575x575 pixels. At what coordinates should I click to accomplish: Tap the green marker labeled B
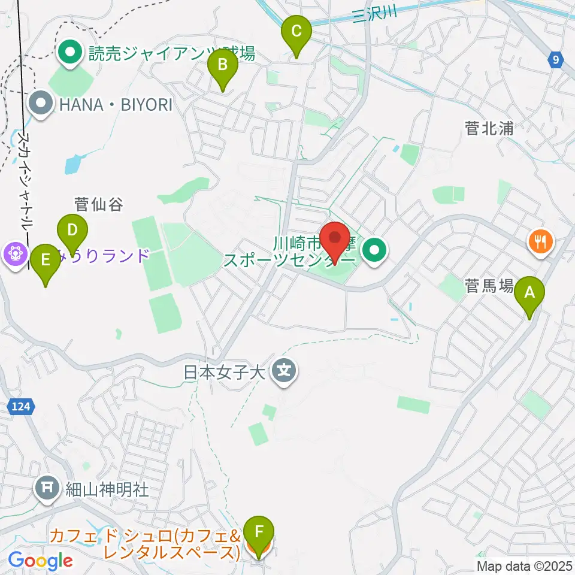[222, 65]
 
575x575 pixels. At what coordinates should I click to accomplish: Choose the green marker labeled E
[46, 261]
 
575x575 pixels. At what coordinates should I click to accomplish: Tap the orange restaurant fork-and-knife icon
[540, 242]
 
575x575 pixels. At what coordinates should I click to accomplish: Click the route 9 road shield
[556, 59]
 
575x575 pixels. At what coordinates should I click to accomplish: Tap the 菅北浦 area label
[491, 128]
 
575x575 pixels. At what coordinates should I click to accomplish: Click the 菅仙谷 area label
[99, 205]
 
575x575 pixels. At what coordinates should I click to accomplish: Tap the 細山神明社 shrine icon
[47, 488]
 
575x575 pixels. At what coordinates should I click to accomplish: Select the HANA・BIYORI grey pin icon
[41, 105]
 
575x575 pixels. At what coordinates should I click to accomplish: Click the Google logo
[40, 561]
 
